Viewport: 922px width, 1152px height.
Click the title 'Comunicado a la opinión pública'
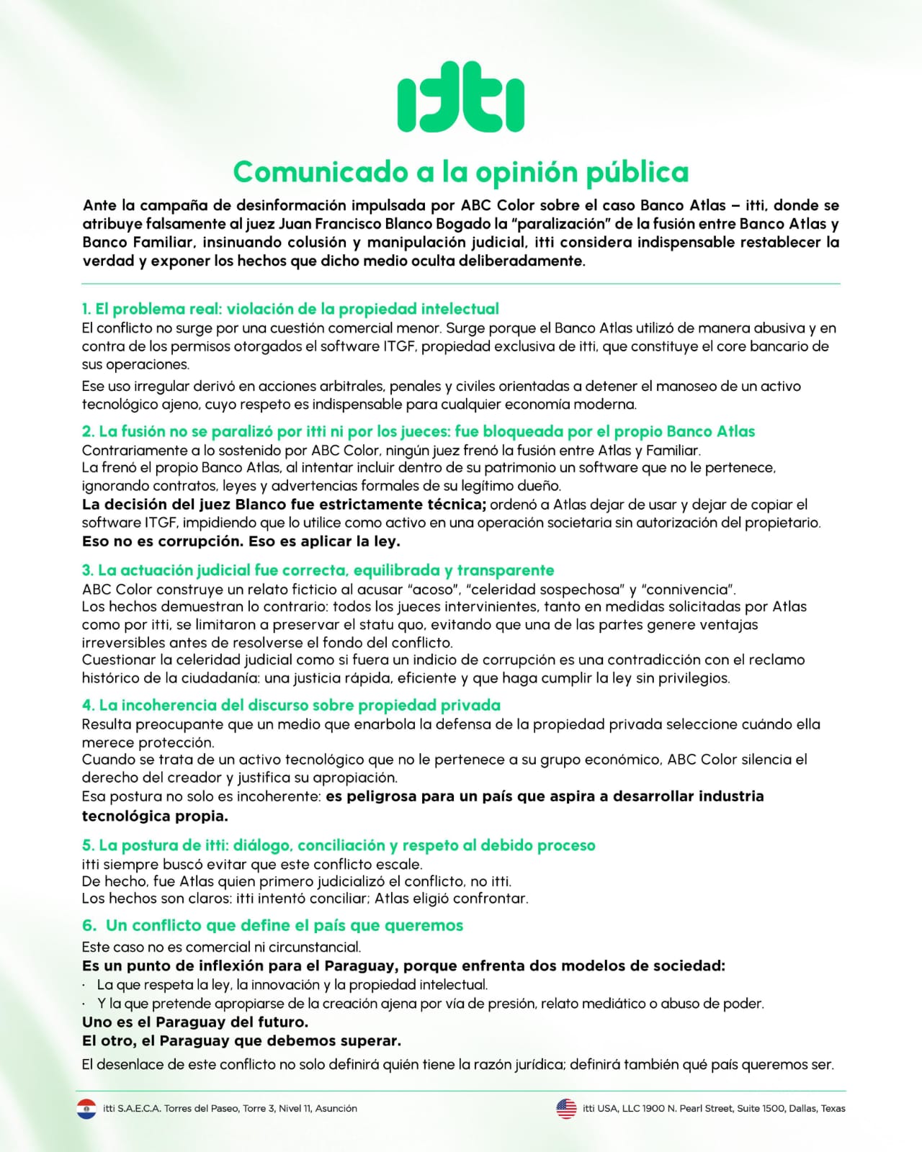click(x=461, y=172)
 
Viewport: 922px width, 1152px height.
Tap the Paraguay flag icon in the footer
click(x=86, y=1109)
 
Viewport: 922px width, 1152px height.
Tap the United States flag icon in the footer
click(x=566, y=1109)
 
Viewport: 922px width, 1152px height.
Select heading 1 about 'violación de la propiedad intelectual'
click(x=290, y=309)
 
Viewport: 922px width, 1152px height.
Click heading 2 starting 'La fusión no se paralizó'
click(x=419, y=431)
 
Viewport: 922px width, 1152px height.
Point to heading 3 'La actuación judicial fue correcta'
click(x=318, y=570)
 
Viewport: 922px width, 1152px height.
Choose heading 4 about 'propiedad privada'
click(x=291, y=705)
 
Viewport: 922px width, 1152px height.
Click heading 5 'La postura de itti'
click(x=339, y=845)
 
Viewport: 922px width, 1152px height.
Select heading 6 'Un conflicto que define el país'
click(x=273, y=925)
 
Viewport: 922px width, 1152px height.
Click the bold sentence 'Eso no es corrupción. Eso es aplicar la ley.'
click(x=241, y=541)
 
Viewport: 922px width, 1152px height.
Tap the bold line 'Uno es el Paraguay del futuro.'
click(x=194, y=1022)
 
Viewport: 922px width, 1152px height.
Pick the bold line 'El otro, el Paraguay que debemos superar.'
click(x=241, y=1040)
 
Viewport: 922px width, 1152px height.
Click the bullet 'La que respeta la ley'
click(x=292, y=984)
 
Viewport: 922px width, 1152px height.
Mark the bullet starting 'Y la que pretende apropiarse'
click(x=430, y=1003)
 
